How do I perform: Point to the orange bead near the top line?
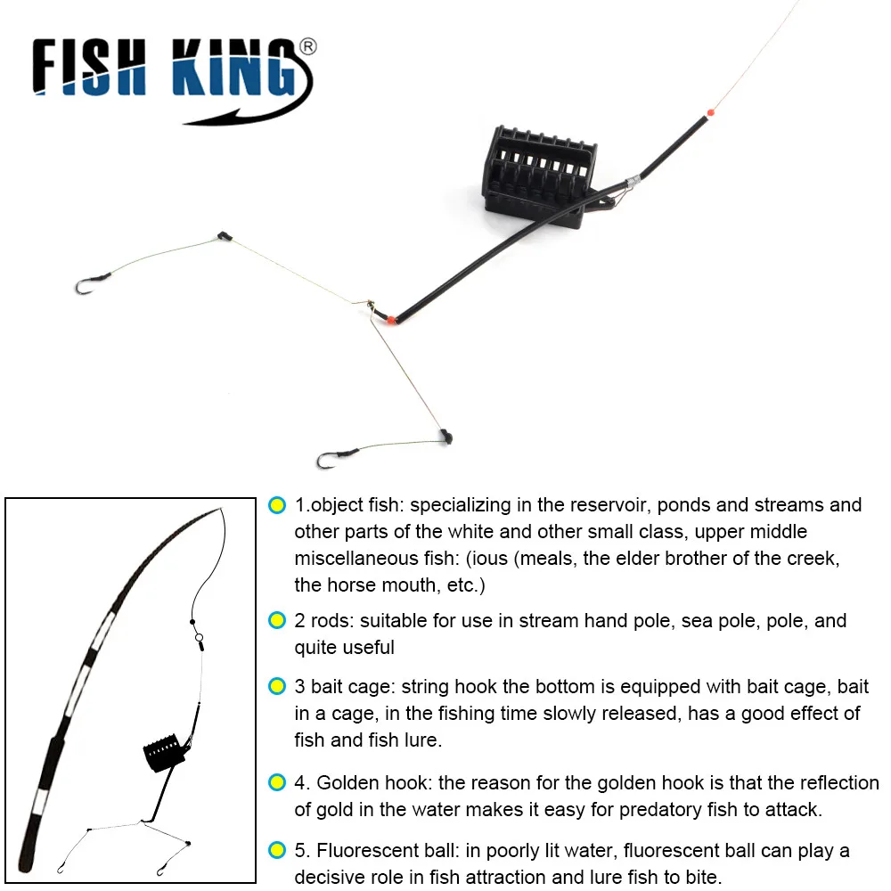[710, 113]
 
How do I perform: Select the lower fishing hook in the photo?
[328, 461]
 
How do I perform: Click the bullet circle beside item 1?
[277, 505]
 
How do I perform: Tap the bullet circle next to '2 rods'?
[277, 621]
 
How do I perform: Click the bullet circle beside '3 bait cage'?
[277, 687]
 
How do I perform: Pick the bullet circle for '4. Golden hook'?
[277, 783]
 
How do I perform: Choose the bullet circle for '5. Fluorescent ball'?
[277, 850]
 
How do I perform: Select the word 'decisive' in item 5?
[332, 877]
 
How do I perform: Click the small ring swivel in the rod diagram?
[200, 637]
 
